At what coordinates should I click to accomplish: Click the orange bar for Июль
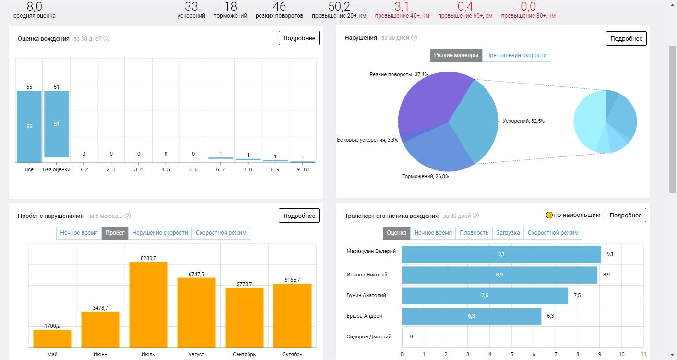148,304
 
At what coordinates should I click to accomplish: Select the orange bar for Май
52,338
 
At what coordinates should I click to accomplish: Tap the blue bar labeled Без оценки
57,124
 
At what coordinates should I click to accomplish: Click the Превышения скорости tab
516,55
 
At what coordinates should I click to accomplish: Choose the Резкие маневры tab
456,55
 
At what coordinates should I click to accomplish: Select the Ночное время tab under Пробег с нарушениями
79,233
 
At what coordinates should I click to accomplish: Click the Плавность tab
474,233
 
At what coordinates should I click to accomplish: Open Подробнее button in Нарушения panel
626,38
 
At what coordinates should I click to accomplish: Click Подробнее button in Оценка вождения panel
299,38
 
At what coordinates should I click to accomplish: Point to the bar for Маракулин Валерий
501,254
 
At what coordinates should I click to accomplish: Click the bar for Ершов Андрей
472,316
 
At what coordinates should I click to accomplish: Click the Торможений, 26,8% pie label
425,176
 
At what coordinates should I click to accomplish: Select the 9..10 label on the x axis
303,169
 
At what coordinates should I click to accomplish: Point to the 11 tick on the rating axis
643,354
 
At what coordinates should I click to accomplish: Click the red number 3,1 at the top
402,6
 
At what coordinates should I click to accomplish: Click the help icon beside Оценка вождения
107,38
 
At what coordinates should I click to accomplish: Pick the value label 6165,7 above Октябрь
292,280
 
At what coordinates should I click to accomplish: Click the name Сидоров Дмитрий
368,336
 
